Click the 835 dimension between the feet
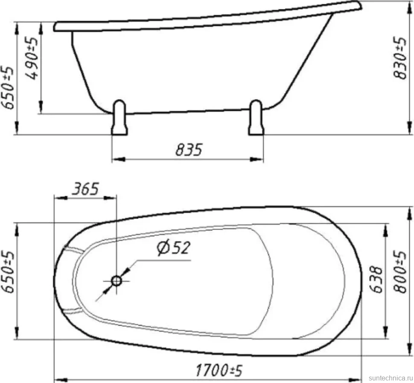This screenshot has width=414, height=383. pos(189,150)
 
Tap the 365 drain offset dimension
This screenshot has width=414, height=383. pos(85,189)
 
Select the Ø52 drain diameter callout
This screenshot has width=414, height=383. pos(173,248)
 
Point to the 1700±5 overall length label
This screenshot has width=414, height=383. pos(219,370)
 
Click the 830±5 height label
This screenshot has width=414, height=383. pos(400,58)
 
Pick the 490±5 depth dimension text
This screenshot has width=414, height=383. pos(32,58)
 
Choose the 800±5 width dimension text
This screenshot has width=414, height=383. pos(400,272)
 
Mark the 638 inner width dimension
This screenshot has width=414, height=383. pos(376,279)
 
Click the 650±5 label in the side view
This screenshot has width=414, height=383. pos(8,87)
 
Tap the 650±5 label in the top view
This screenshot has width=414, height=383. pos(8,272)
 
